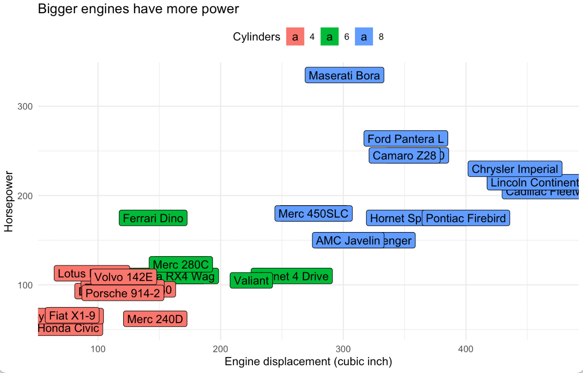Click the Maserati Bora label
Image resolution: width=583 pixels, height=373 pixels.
pos(344,75)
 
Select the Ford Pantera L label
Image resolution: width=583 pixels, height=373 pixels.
pos(405,139)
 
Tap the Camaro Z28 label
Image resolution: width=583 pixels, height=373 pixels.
pos(404,155)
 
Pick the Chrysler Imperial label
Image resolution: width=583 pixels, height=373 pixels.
pos(514,169)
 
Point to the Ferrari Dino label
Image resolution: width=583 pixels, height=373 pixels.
pos(153,218)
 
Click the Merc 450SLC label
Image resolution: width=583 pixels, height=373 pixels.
pos(313,213)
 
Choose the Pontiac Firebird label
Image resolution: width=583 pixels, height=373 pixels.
pos(466,218)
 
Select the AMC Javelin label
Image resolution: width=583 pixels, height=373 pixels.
pos(348,240)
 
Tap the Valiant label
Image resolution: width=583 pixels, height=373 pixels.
pos(251,280)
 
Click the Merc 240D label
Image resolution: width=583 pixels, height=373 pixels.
pos(155,319)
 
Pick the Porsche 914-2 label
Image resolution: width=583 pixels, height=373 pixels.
pos(122,293)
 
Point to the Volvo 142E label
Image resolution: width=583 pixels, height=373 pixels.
pos(123,277)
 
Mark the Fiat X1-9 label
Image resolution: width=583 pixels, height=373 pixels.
pos(72,315)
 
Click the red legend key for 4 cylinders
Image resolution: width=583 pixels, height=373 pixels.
pos(295,37)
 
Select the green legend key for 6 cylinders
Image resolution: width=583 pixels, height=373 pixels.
pos(329,37)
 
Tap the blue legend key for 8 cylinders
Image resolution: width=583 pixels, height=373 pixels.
pos(364,37)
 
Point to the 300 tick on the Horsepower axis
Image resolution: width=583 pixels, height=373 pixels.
pos(25,106)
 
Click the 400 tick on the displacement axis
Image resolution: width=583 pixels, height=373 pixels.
pos(466,349)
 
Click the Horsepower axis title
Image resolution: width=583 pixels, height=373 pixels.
pos(9,201)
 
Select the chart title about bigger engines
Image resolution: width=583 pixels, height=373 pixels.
pos(138,9)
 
